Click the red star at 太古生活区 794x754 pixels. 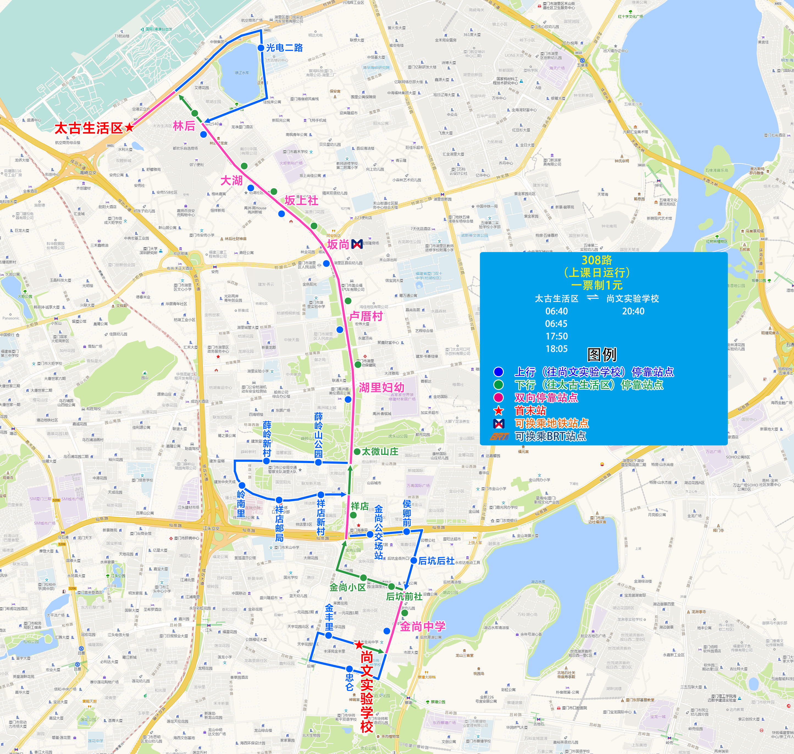[x=129, y=127]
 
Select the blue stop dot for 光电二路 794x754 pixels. [x=261, y=48]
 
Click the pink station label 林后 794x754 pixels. [x=184, y=126]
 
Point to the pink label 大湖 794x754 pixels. [x=231, y=180]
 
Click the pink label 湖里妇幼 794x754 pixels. [x=381, y=387]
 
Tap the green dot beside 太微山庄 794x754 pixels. [x=357, y=451]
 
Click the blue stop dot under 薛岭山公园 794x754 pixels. [x=318, y=462]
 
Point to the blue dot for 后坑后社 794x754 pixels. [x=414, y=560]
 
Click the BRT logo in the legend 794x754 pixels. [x=499, y=436]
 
